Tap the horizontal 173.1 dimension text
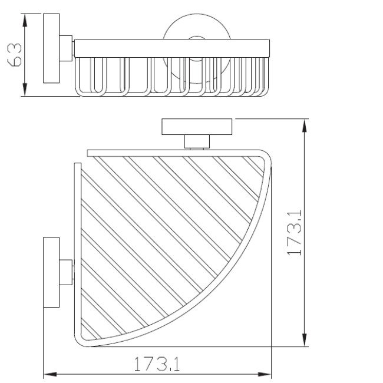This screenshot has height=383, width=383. click(156, 365)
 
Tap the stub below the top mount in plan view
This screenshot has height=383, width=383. click(197, 141)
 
